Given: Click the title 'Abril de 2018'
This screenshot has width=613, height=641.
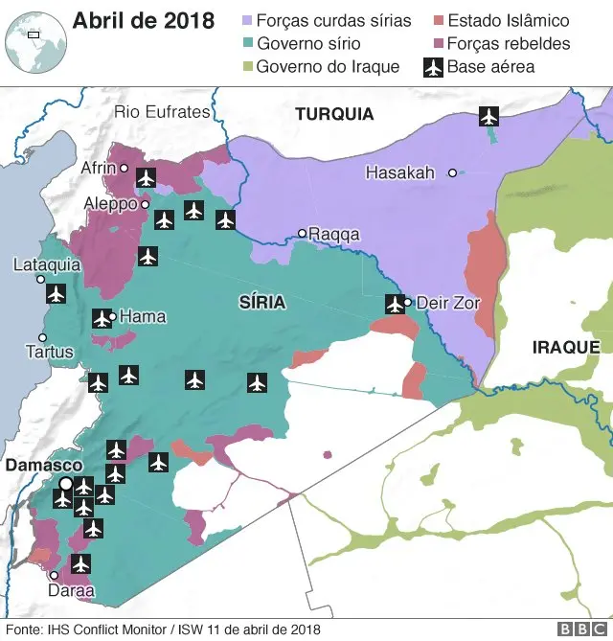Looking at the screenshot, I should (144, 21).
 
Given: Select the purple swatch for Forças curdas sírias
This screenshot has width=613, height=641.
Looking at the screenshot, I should (247, 20).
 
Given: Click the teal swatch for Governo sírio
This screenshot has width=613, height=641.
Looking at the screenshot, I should (247, 44).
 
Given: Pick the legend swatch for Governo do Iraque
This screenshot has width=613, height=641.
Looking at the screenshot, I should (247, 67).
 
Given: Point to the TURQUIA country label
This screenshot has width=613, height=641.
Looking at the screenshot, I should (334, 114).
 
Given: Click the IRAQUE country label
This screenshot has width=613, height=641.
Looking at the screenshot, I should (566, 347).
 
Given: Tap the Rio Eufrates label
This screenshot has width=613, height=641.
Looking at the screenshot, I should (162, 112).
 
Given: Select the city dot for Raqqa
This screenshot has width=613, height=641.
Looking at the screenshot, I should (302, 233).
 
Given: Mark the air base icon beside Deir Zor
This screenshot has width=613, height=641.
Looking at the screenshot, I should (395, 304).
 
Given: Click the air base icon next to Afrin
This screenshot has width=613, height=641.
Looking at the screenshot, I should (146, 177).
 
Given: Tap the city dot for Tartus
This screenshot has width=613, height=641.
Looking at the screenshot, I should (41, 337).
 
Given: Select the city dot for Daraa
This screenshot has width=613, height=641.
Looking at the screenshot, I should (55, 576).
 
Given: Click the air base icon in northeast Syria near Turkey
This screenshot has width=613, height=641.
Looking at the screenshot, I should (489, 117).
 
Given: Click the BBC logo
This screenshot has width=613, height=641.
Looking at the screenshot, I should (577, 630).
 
